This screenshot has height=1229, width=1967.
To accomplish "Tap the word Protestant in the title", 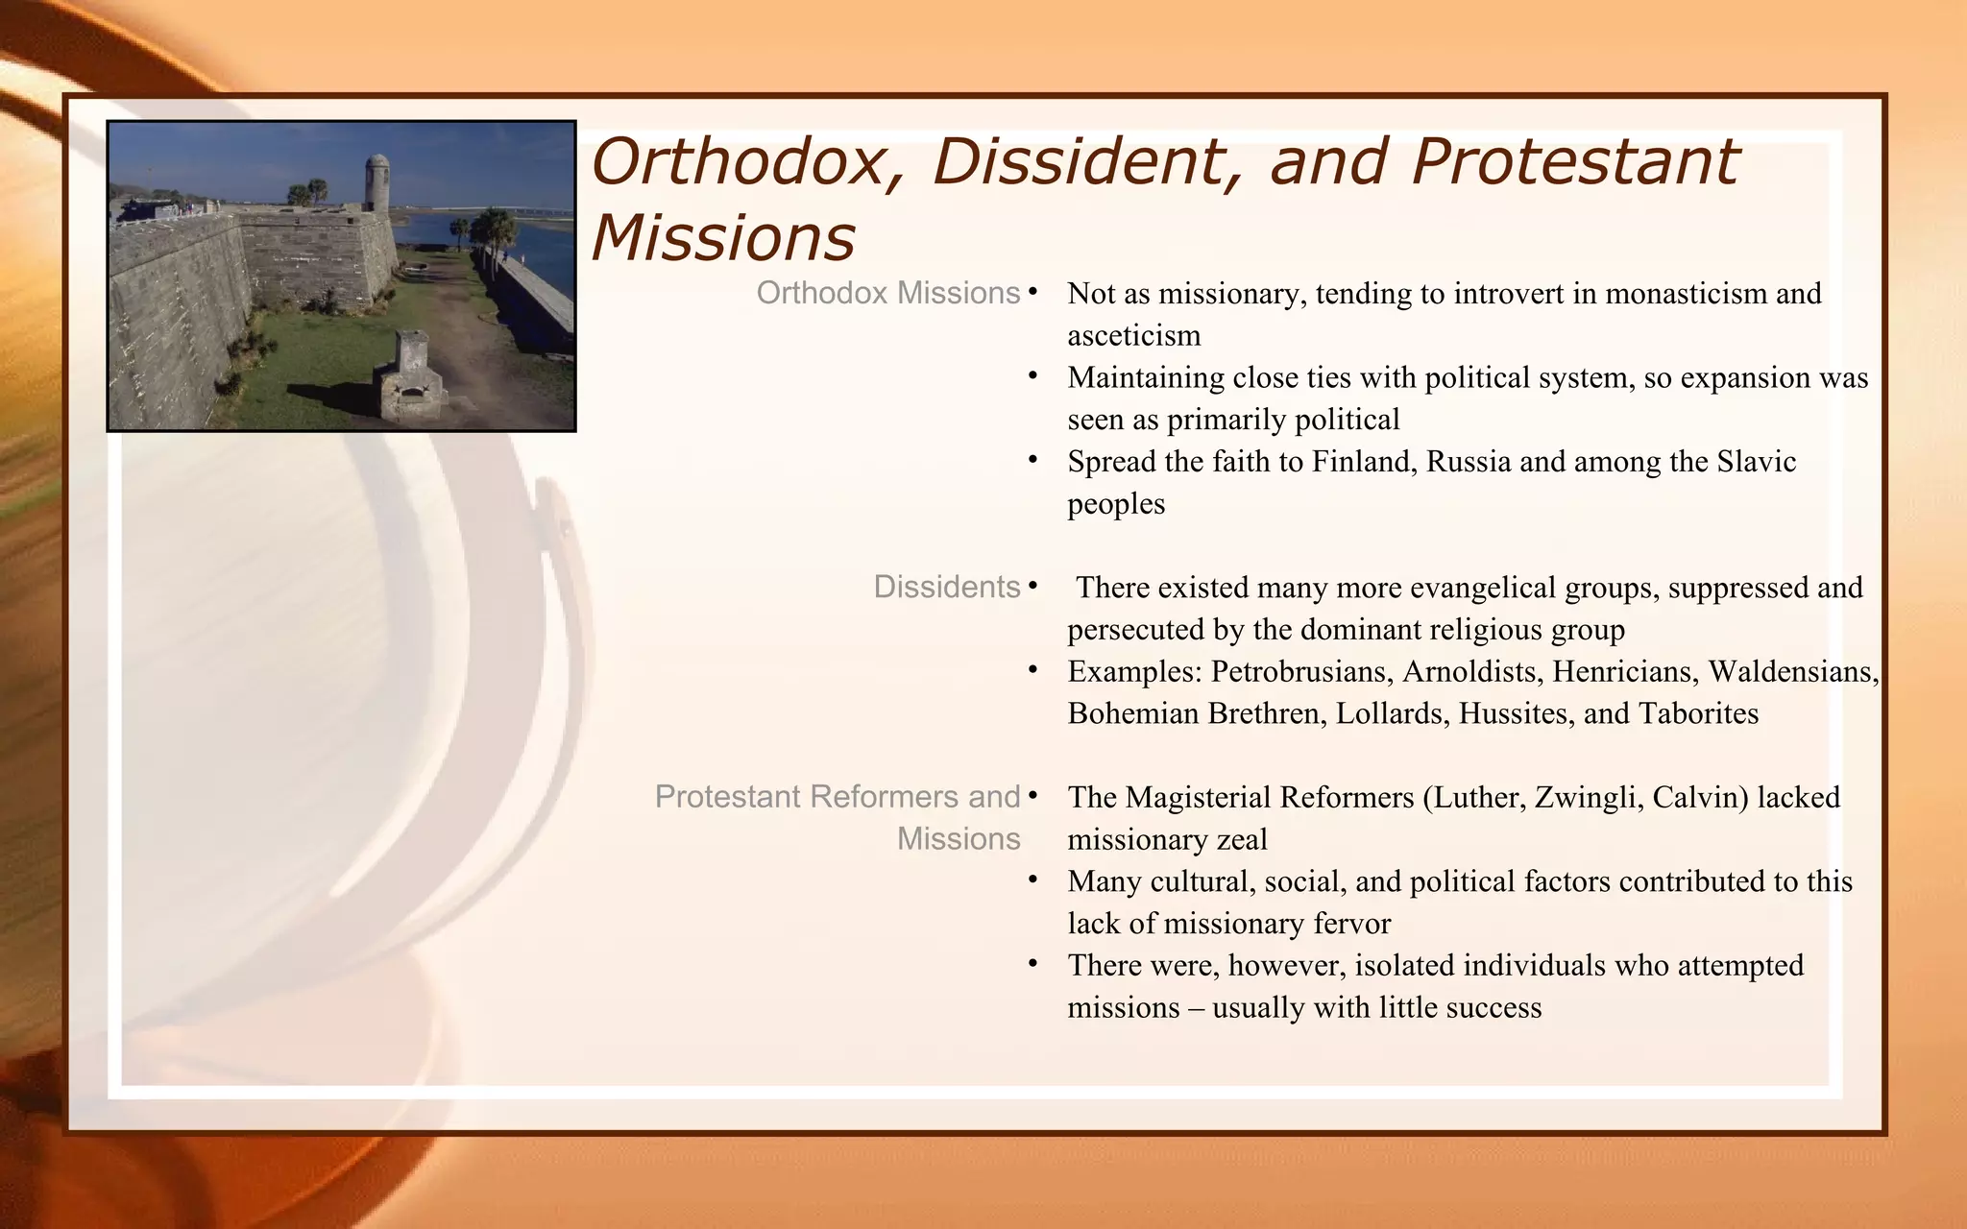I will click(x=1574, y=161).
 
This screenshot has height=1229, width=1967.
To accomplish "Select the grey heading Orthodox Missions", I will click(x=887, y=293).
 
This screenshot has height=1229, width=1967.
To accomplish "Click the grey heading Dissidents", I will click(x=946, y=587).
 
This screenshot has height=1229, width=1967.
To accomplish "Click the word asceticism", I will click(x=1134, y=335).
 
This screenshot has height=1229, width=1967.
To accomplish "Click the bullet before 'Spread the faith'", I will click(x=1033, y=461).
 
